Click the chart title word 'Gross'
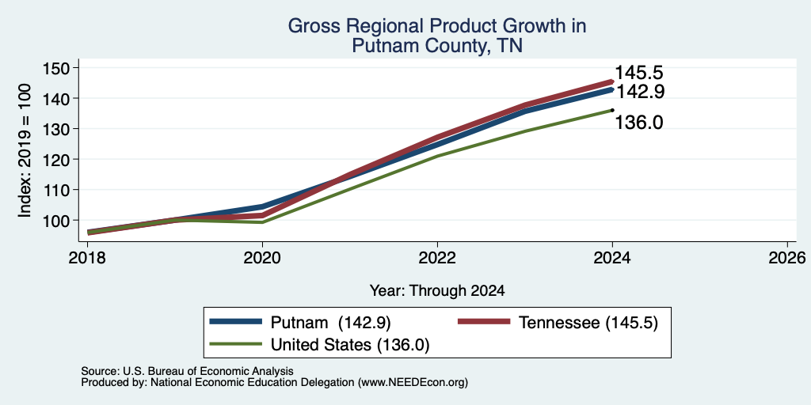coord(310,26)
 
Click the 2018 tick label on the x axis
coord(87,257)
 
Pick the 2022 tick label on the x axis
coord(437,257)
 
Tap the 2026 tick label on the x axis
coord(787,257)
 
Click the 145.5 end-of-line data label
coord(638,74)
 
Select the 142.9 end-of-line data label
coord(639,92)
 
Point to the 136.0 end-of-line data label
coord(639,123)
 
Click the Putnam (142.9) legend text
coord(330,323)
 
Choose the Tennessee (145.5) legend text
coord(588,323)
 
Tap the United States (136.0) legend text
coord(350,345)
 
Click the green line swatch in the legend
coord(235,344)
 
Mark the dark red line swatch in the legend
coord(484,322)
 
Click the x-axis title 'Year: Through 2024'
coord(437,291)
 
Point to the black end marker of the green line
coord(612,109)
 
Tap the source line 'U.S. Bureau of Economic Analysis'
coord(208,371)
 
